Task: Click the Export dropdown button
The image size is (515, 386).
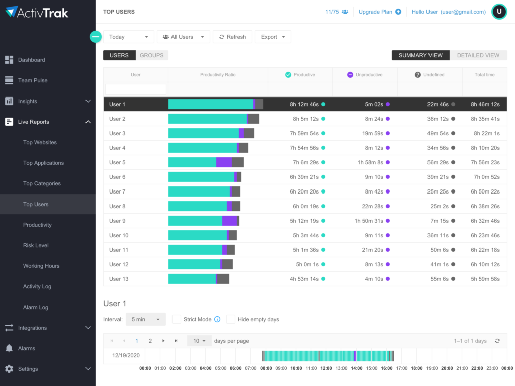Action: [x=273, y=37]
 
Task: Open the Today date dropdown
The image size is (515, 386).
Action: [x=129, y=37]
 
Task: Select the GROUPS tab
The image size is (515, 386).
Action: [x=151, y=55]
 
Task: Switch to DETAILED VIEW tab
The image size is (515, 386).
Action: [x=478, y=55]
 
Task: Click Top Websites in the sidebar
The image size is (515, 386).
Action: [x=40, y=142]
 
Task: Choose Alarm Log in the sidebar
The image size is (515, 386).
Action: [x=35, y=307]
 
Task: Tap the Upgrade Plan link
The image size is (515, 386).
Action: [x=379, y=12]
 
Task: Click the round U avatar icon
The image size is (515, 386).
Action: [x=499, y=12]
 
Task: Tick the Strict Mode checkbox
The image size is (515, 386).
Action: [x=177, y=319]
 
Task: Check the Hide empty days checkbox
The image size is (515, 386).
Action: [x=231, y=319]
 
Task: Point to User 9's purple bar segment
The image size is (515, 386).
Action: [x=229, y=221]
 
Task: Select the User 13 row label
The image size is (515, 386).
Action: [x=119, y=279]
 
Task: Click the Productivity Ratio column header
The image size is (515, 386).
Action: [x=218, y=75]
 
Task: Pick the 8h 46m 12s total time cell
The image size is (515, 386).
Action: [x=485, y=104]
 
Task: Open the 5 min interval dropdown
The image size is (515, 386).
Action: [x=145, y=319]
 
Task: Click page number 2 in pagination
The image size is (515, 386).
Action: [x=150, y=341]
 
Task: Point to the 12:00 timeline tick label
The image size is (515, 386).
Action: [x=326, y=368]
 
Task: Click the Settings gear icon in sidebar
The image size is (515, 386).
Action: [x=9, y=369]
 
